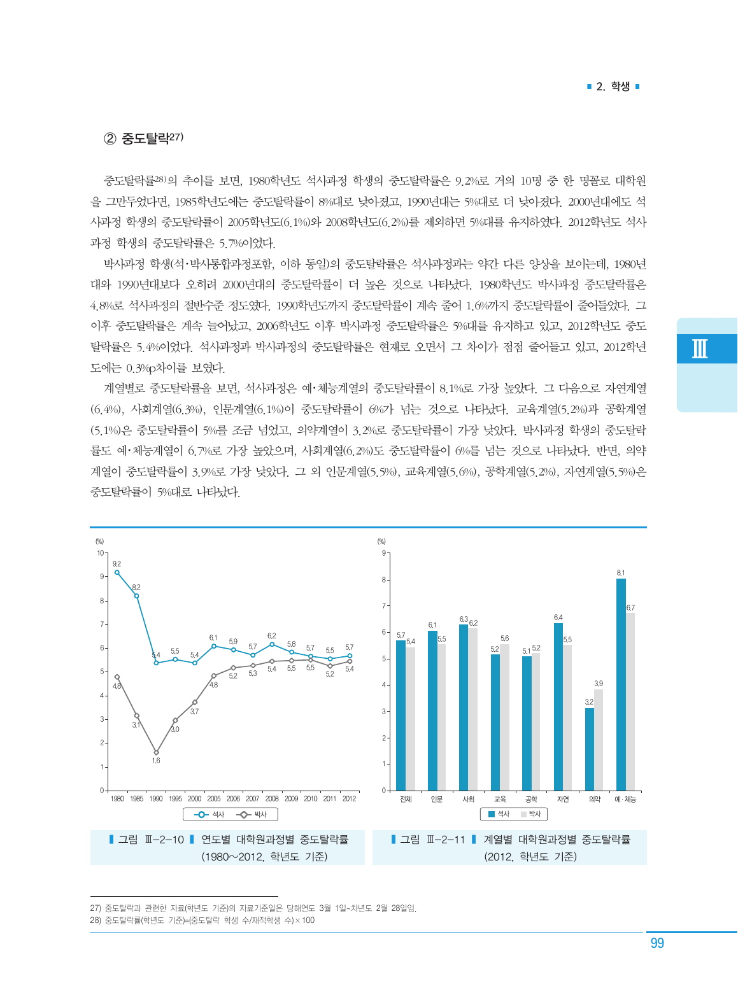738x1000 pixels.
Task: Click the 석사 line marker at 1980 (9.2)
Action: [117, 572]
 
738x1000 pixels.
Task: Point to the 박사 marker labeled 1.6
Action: [156, 752]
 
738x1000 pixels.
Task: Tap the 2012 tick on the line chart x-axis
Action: [349, 798]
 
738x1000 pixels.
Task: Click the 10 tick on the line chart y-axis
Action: [101, 553]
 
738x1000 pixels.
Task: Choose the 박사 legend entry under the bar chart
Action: [530, 814]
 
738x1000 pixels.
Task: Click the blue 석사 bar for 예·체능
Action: [621, 684]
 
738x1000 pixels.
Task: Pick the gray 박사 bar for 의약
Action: [599, 740]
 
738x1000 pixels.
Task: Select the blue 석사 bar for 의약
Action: [590, 749]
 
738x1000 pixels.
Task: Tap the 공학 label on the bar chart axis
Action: [531, 799]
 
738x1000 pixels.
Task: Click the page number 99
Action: [657, 943]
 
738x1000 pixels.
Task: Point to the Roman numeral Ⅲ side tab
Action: [700, 349]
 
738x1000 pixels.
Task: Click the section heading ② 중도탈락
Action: [144, 138]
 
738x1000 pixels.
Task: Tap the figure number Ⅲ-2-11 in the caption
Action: [447, 840]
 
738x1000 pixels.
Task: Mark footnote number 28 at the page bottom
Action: [96, 920]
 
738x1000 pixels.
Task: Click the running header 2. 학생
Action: [613, 87]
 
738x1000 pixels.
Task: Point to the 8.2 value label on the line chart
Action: [136, 587]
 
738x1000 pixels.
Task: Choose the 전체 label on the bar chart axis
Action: [406, 799]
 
